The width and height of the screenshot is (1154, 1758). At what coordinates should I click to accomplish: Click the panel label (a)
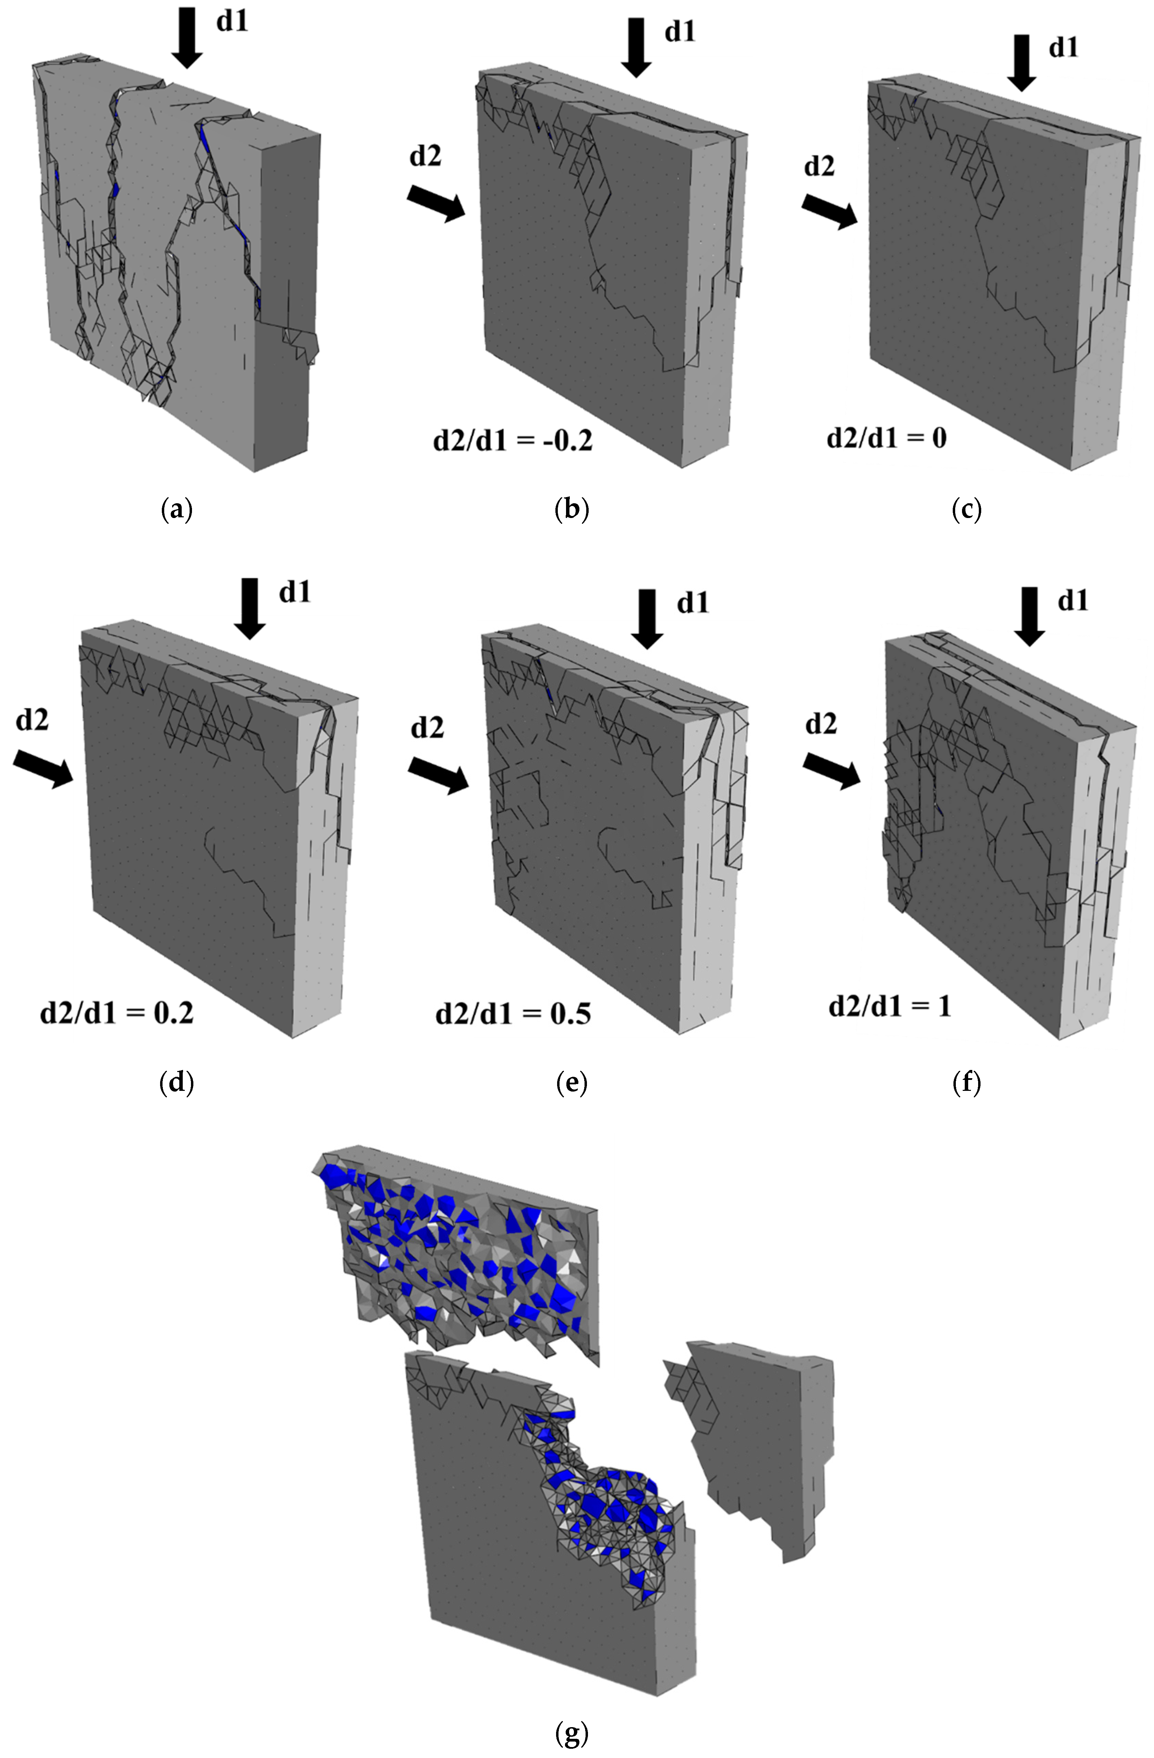[x=177, y=510]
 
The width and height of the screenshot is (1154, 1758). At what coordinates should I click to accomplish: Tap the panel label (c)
[x=966, y=510]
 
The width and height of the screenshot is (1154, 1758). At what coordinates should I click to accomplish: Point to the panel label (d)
[x=177, y=1083]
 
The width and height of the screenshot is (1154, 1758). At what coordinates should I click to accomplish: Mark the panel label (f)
[x=966, y=1083]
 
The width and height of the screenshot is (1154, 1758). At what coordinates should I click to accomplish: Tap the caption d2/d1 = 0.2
[x=117, y=1012]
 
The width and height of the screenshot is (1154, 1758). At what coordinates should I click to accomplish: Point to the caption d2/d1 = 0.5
[x=513, y=1013]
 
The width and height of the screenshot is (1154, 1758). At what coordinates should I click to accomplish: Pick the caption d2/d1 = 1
[x=890, y=1006]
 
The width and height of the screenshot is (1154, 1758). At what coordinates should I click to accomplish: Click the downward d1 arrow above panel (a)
[x=187, y=37]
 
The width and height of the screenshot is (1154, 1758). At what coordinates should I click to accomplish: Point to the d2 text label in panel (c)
[x=819, y=167]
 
